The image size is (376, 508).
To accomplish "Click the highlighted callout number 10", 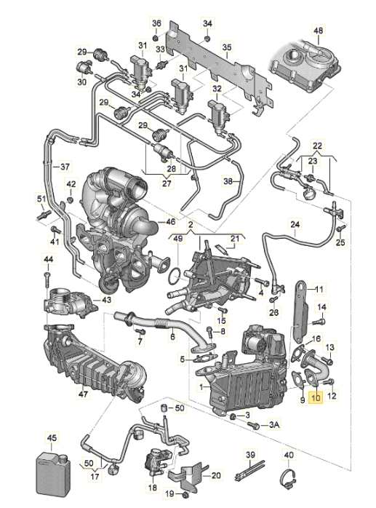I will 315,397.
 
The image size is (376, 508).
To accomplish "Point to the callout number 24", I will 295,224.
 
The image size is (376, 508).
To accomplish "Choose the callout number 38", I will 228,180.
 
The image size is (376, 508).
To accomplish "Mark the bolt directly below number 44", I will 47,277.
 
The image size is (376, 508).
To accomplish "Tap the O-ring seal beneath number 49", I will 175,276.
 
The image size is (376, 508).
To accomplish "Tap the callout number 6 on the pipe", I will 172,336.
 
